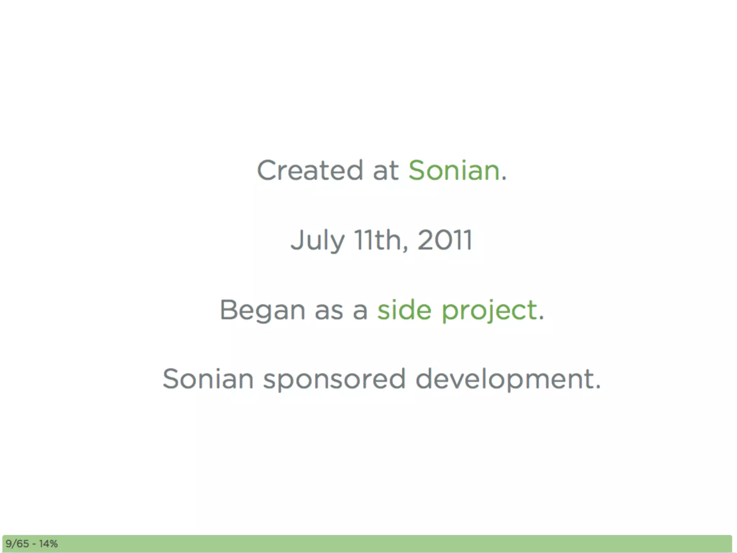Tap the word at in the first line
(385, 171)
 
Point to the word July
(317, 240)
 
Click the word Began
(262, 310)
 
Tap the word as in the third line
(329, 311)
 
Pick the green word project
(489, 310)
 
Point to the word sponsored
(334, 379)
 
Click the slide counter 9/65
(17, 544)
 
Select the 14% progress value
(49, 544)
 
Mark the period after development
(598, 387)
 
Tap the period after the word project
(541, 318)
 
